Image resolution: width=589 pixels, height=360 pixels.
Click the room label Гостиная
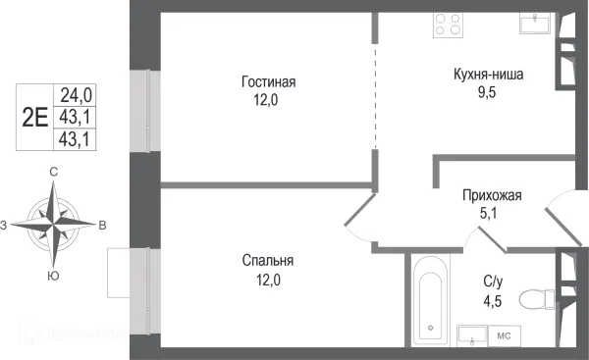click(x=268, y=81)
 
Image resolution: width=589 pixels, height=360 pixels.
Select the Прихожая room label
click(x=492, y=195)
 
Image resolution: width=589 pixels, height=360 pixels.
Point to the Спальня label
click(x=268, y=260)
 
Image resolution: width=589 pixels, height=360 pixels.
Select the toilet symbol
click(x=534, y=297)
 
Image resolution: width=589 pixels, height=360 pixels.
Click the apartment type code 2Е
click(x=35, y=117)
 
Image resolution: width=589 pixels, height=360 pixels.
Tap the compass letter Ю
click(x=54, y=277)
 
